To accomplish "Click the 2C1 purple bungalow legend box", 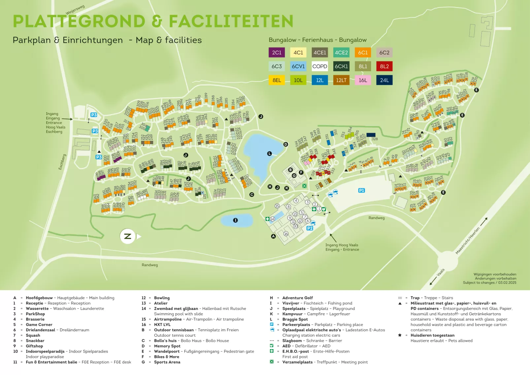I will pyautogui.click(x=277, y=52).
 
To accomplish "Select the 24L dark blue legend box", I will pyautogui.click(x=384, y=80).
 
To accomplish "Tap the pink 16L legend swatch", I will pyautogui.click(x=363, y=80).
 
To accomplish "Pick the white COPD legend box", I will pyautogui.click(x=319, y=66).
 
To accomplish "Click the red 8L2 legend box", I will pyautogui.click(x=384, y=66).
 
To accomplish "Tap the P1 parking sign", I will pyautogui.click(x=361, y=190).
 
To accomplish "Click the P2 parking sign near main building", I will pyautogui.click(x=310, y=228).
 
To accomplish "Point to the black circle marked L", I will pyautogui.click(x=269, y=153).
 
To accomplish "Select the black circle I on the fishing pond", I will pyautogui.click(x=235, y=220).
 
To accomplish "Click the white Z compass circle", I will pyautogui.click(x=127, y=236).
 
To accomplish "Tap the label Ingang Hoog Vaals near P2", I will pyautogui.click(x=342, y=245).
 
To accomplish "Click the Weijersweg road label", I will pyautogui.click(x=75, y=10).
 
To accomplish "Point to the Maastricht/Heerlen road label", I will pyautogui.click(x=467, y=241).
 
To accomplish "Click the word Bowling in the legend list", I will pyautogui.click(x=162, y=298).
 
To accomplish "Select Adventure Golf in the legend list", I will pyautogui.click(x=297, y=298).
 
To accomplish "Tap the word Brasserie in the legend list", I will pyautogui.click(x=35, y=319).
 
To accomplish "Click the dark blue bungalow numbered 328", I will pyautogui.click(x=371, y=135).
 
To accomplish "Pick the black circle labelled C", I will pyautogui.click(x=251, y=195).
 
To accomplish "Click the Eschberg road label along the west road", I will pyautogui.click(x=62, y=162).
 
